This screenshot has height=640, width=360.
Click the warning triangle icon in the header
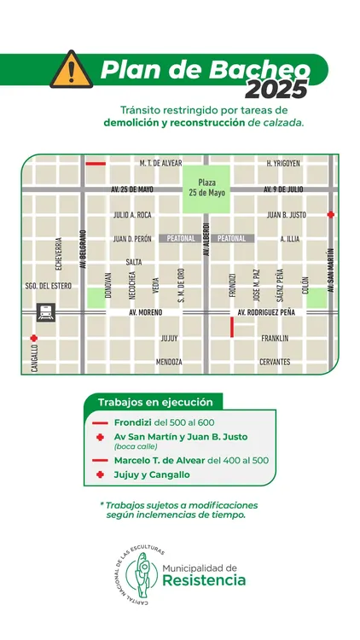(x=72, y=70)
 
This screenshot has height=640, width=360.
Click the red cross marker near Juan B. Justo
(x=331, y=215)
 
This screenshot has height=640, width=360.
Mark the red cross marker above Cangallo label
(x=34, y=338)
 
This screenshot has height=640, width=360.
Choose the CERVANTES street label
(x=275, y=362)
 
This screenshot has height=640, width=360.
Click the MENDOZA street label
(x=169, y=362)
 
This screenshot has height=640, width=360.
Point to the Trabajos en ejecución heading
(x=153, y=402)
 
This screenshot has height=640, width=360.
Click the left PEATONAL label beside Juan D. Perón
(x=182, y=239)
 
